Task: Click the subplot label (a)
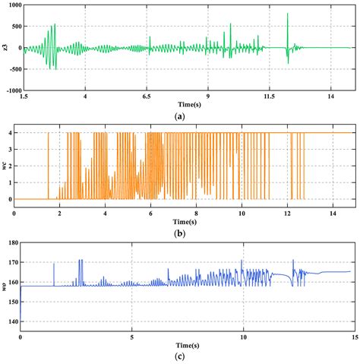point(179,117)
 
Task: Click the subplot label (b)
point(179,229)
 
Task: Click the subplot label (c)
point(179,356)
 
